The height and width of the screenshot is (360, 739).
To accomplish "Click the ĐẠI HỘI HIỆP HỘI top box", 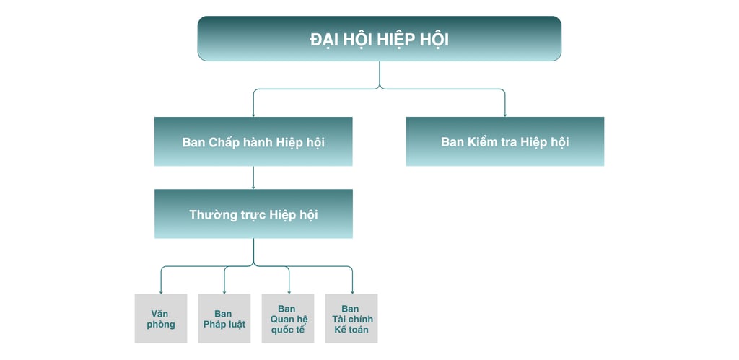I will click(379, 38).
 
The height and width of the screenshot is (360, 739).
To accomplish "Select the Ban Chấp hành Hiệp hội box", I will click(253, 141).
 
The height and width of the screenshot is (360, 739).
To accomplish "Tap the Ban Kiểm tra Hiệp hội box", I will click(504, 141).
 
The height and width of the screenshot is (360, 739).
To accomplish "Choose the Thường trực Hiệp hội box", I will click(253, 214).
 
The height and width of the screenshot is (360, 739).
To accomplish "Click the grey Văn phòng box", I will click(161, 318).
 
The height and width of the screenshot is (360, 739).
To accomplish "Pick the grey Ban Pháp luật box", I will click(224, 318).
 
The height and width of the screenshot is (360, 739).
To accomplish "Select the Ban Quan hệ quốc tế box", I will click(287, 318).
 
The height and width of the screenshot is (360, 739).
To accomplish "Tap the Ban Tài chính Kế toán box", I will click(351, 318).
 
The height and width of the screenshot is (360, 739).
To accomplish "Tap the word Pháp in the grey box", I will click(214, 324).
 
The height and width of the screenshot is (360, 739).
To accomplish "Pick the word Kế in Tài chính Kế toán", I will click(340, 330).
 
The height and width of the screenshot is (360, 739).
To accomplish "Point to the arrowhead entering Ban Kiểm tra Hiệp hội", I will click(504, 114).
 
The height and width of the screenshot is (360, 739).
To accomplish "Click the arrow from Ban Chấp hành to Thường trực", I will click(253, 177).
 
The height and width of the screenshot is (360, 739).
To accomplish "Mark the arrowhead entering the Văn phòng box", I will click(161, 291).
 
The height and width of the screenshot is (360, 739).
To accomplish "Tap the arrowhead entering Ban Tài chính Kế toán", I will click(352, 291).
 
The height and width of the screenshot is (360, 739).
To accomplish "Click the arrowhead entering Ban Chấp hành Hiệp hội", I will click(253, 114).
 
